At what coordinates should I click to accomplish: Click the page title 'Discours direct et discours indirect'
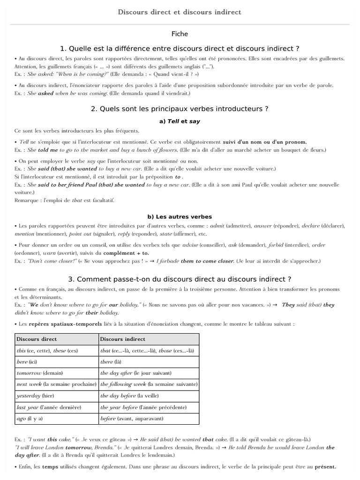(x=180, y=12)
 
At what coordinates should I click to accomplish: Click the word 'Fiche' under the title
(x=180, y=34)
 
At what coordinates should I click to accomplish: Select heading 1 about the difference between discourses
(x=180, y=48)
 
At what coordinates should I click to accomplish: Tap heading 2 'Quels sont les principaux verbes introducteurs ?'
(x=180, y=108)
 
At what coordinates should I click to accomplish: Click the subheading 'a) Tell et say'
(x=180, y=121)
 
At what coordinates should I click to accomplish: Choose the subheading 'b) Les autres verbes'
(x=180, y=217)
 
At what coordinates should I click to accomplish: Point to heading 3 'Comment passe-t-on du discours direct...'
(x=180, y=279)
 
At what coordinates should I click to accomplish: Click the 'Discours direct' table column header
(x=37, y=339)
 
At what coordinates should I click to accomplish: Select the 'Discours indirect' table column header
(x=123, y=339)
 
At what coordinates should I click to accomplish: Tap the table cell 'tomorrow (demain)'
(x=40, y=373)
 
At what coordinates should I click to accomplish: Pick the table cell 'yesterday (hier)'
(x=36, y=395)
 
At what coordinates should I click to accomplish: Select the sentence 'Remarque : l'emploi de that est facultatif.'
(x=64, y=200)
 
